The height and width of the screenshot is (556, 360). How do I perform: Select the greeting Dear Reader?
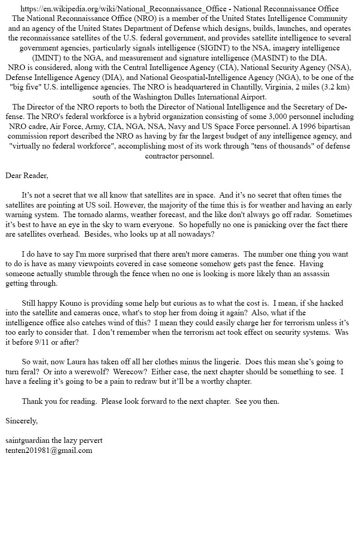tap(27, 175)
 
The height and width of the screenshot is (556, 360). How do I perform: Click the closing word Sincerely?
tap(21, 421)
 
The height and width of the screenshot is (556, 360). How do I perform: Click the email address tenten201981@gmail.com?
tap(49, 451)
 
